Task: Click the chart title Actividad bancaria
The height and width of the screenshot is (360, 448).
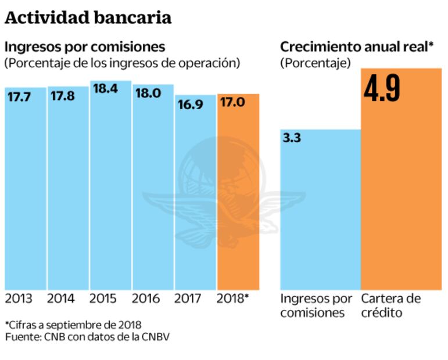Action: point(88,18)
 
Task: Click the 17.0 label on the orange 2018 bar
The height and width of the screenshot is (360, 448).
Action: point(232,103)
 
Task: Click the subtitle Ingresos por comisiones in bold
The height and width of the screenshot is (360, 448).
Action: point(85,47)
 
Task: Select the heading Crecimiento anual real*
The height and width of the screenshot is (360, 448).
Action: point(357,47)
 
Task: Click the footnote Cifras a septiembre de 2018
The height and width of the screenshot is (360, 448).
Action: point(73,324)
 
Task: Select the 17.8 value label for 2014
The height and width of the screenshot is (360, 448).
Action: point(62,96)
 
